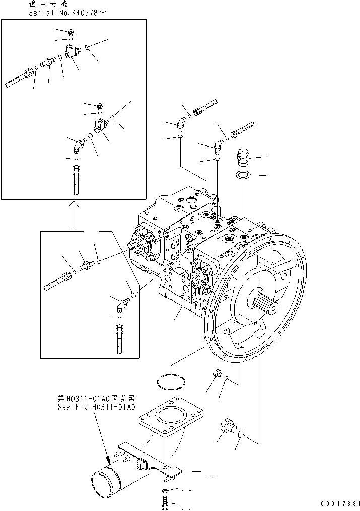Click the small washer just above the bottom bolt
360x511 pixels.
(166, 490)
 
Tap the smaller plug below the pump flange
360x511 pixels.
(218, 374)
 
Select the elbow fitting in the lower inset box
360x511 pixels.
(121, 303)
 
